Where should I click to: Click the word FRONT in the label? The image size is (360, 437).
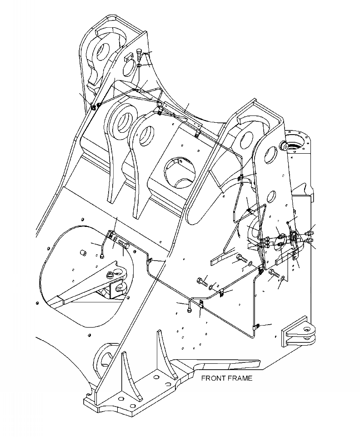tap(214, 378)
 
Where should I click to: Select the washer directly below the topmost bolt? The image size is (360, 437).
tap(138, 67)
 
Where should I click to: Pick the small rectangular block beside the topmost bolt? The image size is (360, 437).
tap(128, 58)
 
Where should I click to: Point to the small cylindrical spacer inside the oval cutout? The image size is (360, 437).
tap(83, 253)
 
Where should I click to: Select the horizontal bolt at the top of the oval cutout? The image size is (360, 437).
tap(124, 245)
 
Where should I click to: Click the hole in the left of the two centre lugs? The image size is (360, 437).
tap(123, 122)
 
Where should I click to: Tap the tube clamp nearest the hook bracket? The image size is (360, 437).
tap(256, 326)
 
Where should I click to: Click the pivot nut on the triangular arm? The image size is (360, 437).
tap(112, 274)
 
